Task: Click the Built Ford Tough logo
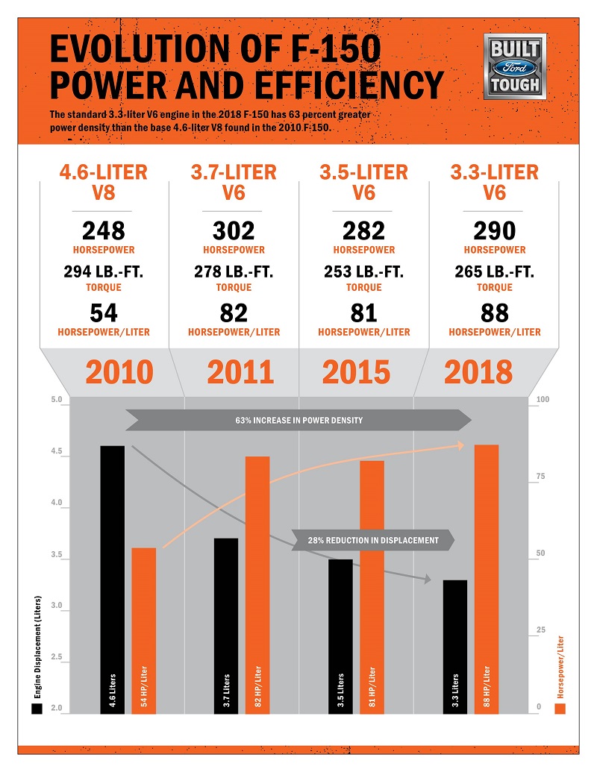click(515, 67)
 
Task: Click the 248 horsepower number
click(104, 230)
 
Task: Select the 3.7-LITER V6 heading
click(234, 183)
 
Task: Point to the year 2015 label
click(356, 372)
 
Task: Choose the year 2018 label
click(478, 372)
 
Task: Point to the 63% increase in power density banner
click(298, 421)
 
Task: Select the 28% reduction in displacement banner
click(373, 540)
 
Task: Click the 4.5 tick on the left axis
click(57, 452)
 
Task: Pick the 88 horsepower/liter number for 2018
click(494, 313)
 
